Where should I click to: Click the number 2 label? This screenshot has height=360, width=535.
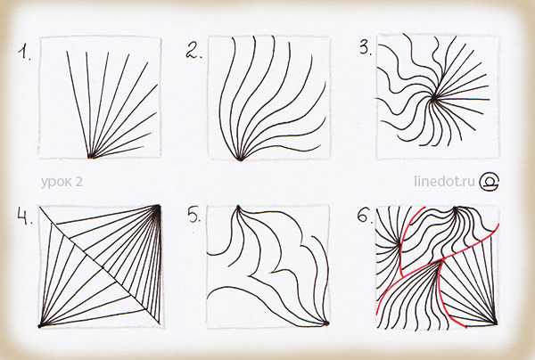193,51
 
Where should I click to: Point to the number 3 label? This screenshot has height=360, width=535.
366,48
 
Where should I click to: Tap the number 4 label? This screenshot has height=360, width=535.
25,217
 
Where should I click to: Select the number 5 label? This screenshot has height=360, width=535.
194,215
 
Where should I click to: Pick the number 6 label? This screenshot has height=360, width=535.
365,216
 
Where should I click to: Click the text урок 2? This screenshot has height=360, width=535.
62,182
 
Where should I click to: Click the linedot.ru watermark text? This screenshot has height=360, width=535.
445,181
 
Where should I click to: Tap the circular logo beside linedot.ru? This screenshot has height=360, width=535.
490,181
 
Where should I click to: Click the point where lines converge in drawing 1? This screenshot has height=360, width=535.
90,157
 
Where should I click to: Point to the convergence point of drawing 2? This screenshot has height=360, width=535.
240,159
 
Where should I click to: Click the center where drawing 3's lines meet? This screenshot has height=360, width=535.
433,98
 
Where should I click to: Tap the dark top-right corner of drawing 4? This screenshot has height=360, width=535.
158,207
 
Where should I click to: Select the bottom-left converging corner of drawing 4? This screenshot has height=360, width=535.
40,325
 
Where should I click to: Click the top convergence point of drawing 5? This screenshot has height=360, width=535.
238,207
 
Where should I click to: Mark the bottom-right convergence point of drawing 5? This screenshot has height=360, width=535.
326,323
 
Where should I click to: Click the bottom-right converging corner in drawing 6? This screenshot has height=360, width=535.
496,323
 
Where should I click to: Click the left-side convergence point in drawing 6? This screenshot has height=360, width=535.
399,244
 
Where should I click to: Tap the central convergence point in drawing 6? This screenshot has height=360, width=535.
440,262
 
